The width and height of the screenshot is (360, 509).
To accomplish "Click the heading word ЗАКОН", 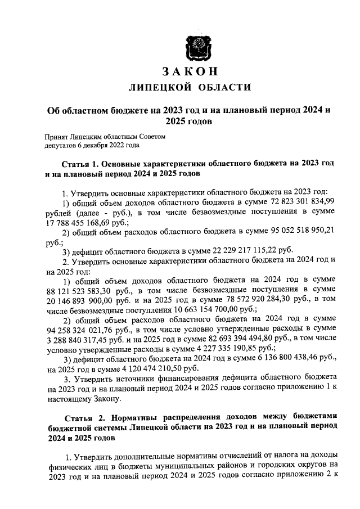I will (x=190, y=72).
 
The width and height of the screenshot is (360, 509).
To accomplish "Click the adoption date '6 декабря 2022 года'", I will (x=110, y=145).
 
